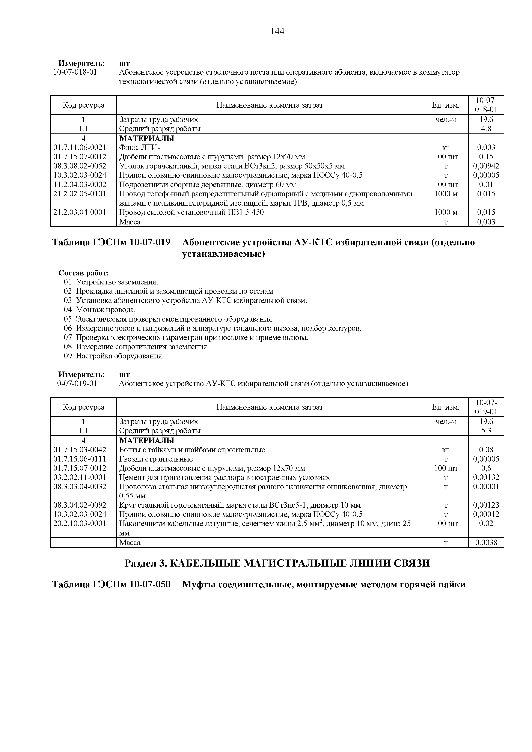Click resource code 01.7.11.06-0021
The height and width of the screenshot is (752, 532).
coord(80,147)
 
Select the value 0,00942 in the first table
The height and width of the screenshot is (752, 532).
coord(486,166)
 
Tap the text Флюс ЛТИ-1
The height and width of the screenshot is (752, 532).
coord(141,147)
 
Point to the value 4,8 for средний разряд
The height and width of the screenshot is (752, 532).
coord(486,129)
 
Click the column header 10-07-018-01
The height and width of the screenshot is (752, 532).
coord(486,105)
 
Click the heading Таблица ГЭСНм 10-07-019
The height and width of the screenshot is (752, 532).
coord(111,242)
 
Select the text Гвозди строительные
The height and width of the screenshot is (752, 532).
coord(156,459)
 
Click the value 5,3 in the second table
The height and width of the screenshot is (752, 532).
coord(486,431)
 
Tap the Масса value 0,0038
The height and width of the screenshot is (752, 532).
coord(486,542)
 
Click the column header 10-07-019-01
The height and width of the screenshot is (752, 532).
coord(486,407)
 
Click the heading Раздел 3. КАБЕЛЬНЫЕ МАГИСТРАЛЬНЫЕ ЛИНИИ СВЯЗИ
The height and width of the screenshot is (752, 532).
coord(277,563)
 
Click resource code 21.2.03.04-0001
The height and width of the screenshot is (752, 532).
coord(80,212)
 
